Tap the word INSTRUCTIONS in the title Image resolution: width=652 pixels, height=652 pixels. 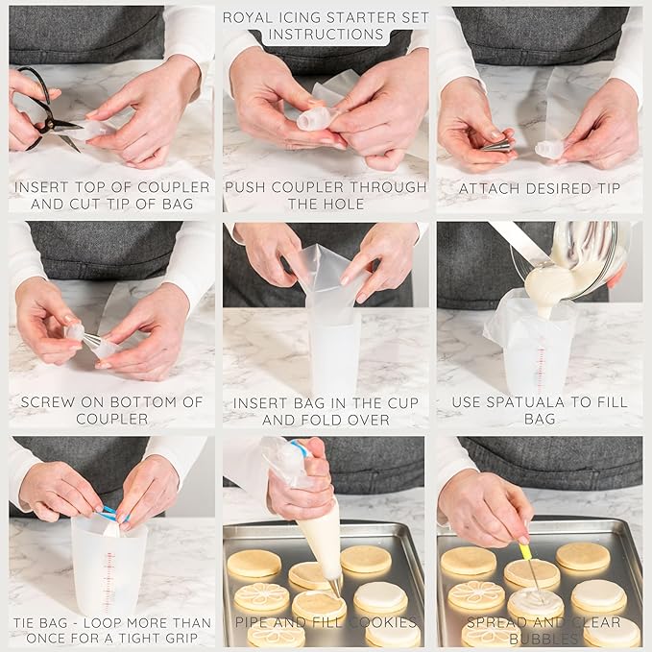[326, 35]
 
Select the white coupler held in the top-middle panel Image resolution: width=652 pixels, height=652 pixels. [314, 118]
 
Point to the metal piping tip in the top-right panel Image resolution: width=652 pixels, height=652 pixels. [496, 146]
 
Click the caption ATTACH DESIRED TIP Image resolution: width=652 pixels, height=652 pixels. [539, 188]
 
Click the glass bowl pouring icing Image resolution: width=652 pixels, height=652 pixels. [576, 254]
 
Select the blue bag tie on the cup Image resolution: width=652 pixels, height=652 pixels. [111, 514]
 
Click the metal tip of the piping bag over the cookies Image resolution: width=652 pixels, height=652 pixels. [335, 585]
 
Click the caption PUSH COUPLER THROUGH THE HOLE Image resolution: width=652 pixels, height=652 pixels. [326, 195]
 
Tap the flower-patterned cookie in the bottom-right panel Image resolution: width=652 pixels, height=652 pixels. [476, 595]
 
